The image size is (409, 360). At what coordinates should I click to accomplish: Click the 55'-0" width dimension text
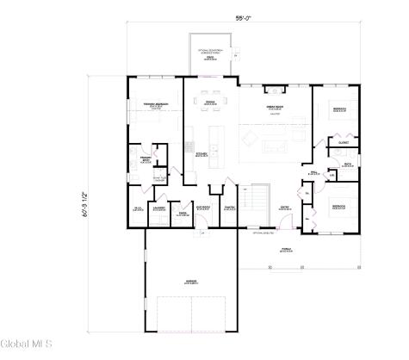[x=244, y=17]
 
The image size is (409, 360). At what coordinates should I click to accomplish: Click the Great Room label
[x=274, y=108]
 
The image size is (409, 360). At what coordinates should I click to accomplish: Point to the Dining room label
[x=209, y=102]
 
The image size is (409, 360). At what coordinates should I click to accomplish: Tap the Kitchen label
[x=201, y=155]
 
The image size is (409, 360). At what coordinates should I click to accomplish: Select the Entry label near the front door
[x=283, y=207]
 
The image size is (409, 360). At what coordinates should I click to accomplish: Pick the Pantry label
[x=229, y=208]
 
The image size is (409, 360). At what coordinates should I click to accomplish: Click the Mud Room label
[x=203, y=208]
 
